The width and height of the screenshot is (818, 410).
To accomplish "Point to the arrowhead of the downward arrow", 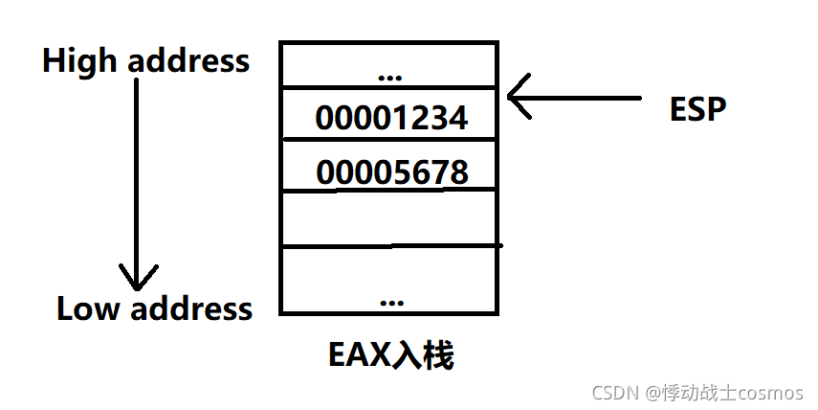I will pos(138,279).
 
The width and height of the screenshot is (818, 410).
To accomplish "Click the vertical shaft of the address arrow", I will pos(138,172).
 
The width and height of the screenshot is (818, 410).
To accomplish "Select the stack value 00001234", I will pos(391,119).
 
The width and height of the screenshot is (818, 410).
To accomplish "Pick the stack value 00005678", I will pos(391,172).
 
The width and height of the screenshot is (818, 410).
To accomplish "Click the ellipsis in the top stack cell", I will pos(390,75).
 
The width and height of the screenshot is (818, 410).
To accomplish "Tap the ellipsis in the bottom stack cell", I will pos(390,300).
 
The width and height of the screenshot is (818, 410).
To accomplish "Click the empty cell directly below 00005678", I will pos(388,217).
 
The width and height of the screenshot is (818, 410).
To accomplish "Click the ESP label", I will pos(698,109).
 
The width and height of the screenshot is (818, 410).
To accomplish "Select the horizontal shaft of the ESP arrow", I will pos(584,98).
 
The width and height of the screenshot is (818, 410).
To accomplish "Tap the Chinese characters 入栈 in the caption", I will pos(424,356).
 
